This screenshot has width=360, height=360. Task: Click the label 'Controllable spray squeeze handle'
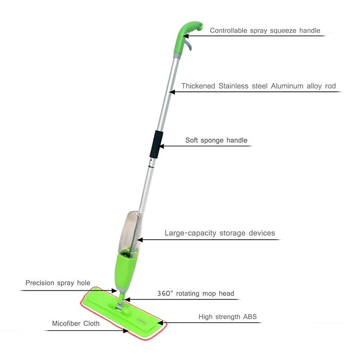click(265, 31)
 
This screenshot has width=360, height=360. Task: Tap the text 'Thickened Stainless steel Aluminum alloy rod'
click(259, 86)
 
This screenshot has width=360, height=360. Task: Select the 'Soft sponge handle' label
click(216, 141)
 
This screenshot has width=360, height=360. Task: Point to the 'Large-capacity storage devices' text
click(219, 233)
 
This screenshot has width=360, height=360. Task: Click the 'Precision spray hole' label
click(58, 283)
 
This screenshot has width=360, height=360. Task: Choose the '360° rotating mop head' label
click(196, 293)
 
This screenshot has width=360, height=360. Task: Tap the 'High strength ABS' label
click(227, 317)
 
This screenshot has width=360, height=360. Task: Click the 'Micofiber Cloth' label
click(76, 323)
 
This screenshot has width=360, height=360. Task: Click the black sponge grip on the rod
click(156, 144)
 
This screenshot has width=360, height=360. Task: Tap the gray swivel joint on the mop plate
click(120, 303)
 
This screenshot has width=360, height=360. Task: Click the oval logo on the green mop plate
click(142, 321)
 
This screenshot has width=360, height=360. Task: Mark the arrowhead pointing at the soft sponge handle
click(161, 146)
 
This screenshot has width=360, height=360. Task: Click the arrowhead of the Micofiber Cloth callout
click(126, 331)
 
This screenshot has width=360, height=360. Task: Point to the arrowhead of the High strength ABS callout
click(160, 323)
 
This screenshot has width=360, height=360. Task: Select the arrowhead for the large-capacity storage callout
click(140, 240)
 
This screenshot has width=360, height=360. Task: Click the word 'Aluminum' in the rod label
click(287, 86)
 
